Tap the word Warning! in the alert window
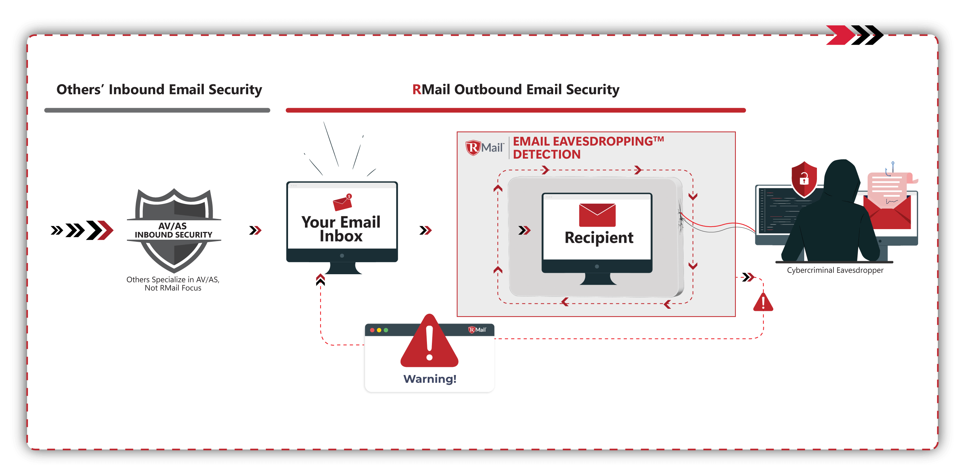[430, 379]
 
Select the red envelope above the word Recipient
[597, 215]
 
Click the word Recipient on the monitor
[599, 238]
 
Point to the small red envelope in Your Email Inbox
[342, 203]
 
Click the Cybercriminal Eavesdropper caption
[835, 270]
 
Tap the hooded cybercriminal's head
[841, 176]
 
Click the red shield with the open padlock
[804, 179]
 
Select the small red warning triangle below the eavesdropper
[763, 303]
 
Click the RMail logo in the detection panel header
[485, 148]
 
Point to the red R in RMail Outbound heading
[417, 90]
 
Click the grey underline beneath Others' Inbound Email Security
[157, 110]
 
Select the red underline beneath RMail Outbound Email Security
[515, 110]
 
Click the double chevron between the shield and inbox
[255, 230]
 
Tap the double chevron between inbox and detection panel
[426, 230]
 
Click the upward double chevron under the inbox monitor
[320, 279]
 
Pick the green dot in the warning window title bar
[386, 330]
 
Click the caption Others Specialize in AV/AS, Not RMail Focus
[173, 283]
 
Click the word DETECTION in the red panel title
[546, 154]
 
